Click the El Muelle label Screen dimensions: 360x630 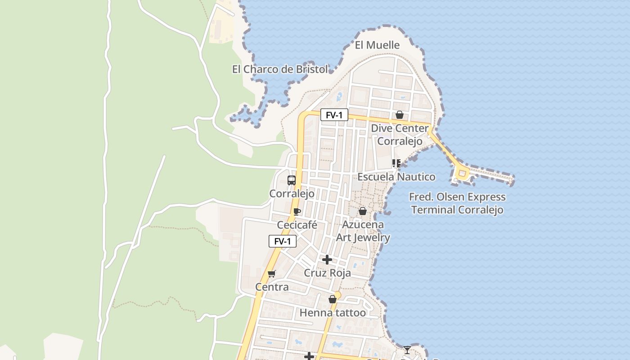[x=377, y=45]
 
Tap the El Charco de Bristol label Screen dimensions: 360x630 [x=279, y=69]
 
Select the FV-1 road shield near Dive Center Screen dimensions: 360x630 [x=334, y=115]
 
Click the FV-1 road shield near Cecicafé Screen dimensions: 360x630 [x=283, y=241]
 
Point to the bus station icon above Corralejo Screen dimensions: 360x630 [x=292, y=180]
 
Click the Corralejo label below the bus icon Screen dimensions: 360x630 [x=292, y=193]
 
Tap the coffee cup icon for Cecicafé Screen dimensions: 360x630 [x=297, y=211]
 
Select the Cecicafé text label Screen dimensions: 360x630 [x=297, y=225]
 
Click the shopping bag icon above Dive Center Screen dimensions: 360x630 [x=399, y=115]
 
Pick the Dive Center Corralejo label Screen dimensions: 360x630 [x=400, y=135]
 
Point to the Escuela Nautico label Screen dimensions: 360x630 [x=396, y=177]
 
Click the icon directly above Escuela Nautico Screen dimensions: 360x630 [x=396, y=163]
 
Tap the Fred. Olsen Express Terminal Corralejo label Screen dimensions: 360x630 [x=457, y=203]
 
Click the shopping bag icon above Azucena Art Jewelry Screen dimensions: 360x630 [x=363, y=211]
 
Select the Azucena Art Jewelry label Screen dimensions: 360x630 [x=363, y=231]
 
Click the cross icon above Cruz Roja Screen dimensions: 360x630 [x=327, y=260]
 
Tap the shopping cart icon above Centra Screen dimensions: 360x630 [x=271, y=274]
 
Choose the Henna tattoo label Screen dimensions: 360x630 [x=333, y=312]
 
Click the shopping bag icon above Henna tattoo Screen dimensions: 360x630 [x=333, y=299]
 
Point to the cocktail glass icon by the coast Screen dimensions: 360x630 [x=407, y=350]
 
